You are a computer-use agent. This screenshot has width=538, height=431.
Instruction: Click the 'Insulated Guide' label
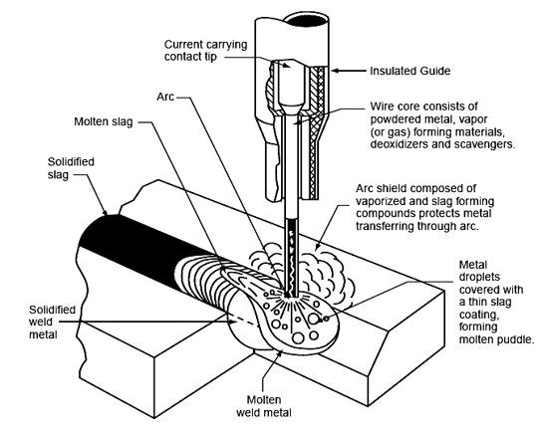(x=410, y=71)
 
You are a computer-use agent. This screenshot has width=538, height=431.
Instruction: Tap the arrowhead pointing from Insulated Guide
(x=336, y=71)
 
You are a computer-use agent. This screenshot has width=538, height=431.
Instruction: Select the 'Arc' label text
(x=165, y=97)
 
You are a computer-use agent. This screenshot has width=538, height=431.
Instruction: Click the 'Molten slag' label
(x=104, y=121)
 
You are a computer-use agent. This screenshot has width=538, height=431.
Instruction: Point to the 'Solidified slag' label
(x=71, y=168)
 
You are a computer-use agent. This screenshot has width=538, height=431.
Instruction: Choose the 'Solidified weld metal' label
(x=52, y=322)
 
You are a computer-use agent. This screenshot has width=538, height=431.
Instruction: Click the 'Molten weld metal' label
(x=264, y=406)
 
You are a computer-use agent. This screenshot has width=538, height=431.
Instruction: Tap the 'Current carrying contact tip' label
(x=205, y=51)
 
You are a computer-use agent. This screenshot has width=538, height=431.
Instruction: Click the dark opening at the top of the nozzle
(x=307, y=20)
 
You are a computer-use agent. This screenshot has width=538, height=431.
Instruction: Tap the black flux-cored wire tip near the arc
(x=292, y=258)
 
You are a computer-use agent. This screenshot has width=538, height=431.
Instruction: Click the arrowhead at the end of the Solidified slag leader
(x=105, y=211)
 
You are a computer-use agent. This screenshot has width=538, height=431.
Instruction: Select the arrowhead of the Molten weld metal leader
(x=280, y=353)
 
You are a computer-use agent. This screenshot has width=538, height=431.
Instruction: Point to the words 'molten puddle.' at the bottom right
(x=497, y=339)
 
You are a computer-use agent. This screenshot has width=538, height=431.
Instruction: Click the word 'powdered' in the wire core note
(x=393, y=119)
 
